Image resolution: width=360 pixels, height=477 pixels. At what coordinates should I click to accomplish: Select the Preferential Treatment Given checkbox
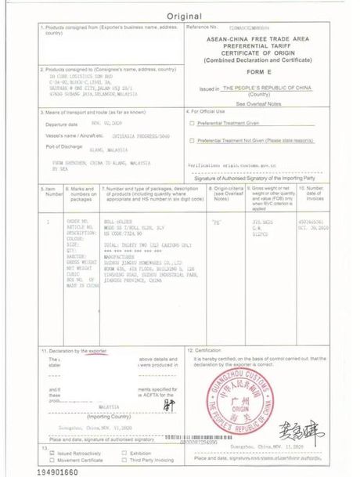[x=192, y=122]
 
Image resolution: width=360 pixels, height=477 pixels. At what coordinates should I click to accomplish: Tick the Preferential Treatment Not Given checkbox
[x=192, y=140]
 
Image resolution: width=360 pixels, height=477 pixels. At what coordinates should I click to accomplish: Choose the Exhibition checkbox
[x=125, y=452]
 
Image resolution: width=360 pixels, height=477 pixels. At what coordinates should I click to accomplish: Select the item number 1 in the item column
[x=48, y=222]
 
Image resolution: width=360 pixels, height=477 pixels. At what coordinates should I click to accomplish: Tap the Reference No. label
[x=203, y=27]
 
